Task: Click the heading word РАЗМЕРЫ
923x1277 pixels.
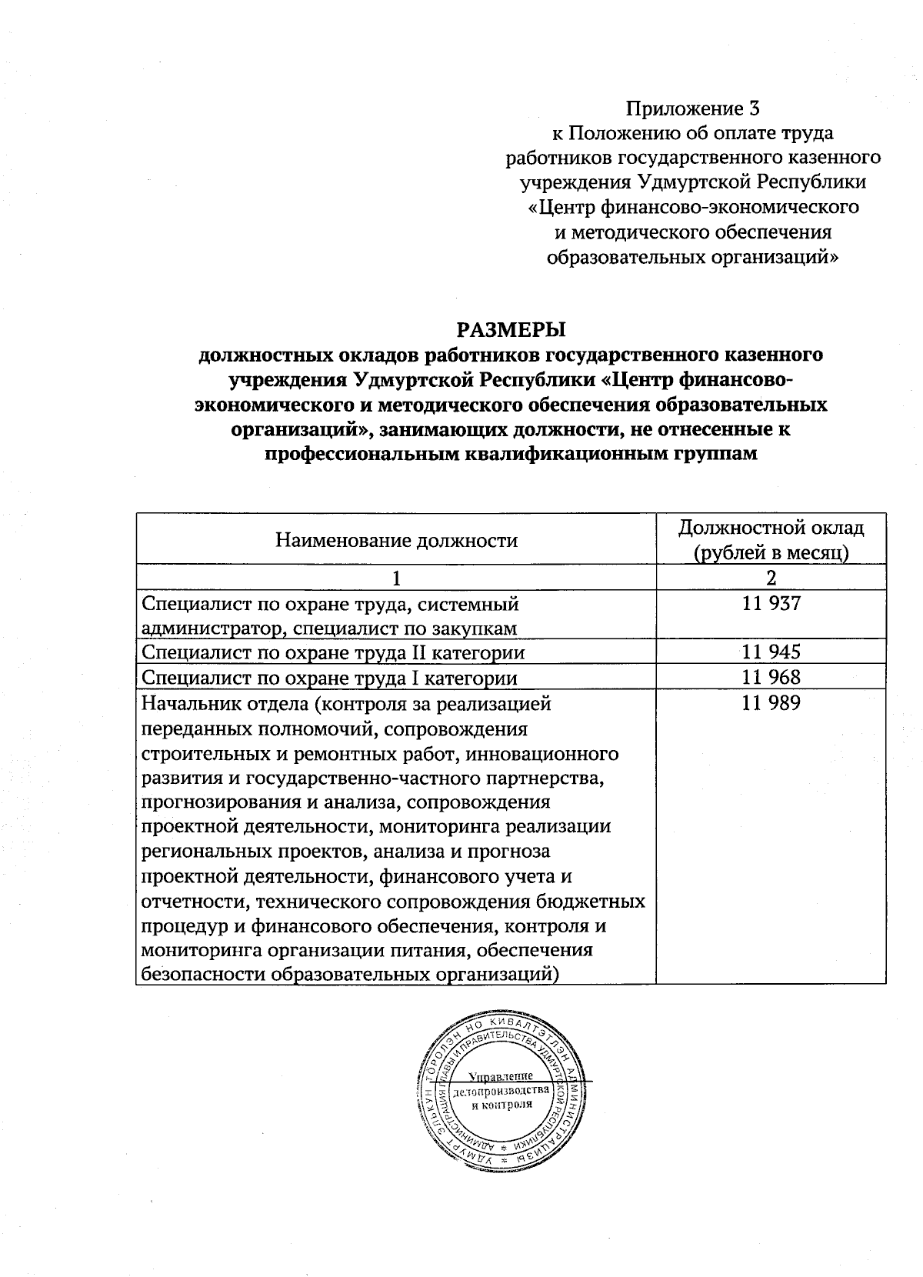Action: point(511,330)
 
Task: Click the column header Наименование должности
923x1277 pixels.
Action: point(396,540)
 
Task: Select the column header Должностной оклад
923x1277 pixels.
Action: point(771,528)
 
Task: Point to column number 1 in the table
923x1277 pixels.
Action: point(396,578)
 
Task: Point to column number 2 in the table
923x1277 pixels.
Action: point(771,578)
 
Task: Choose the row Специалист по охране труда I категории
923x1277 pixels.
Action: point(330,678)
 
